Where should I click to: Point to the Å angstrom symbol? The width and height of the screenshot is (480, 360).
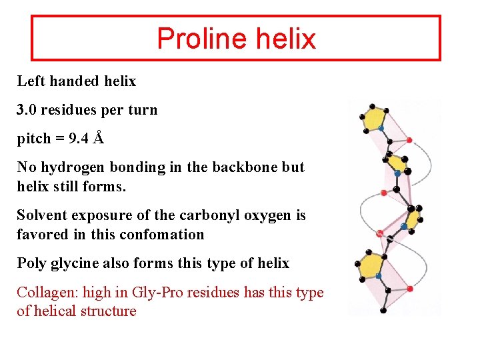(99, 138)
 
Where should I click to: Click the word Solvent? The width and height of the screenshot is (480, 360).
(42, 215)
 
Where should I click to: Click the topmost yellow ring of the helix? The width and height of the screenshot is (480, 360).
(377, 118)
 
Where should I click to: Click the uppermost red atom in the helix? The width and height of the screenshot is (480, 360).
(409, 140)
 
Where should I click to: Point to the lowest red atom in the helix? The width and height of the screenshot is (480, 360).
(409, 289)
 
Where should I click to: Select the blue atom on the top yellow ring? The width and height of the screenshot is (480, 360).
(381, 128)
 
